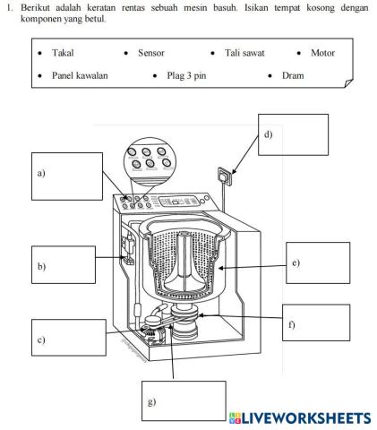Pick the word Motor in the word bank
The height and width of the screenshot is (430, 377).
[x=322, y=53]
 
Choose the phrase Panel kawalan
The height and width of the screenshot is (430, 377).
[x=80, y=75]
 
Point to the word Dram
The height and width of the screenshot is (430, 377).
[x=293, y=75]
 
